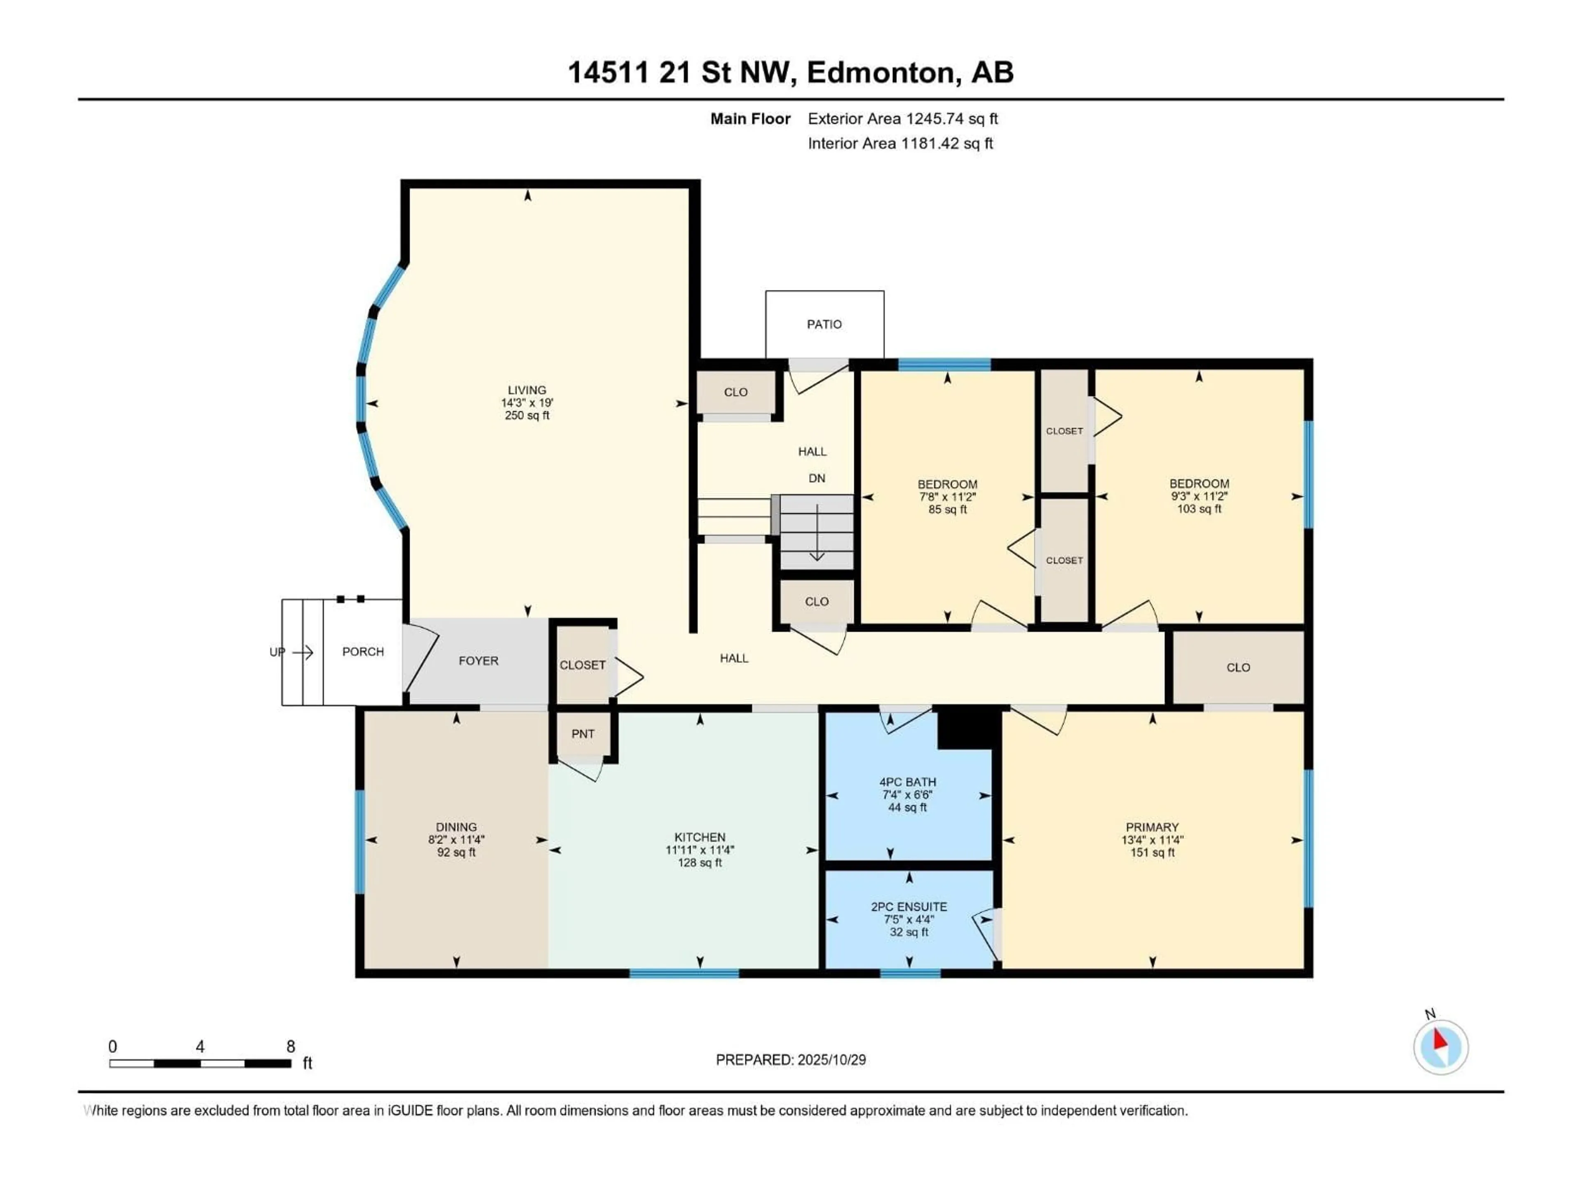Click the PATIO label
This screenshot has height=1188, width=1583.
click(824, 324)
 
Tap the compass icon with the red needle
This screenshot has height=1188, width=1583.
click(1441, 1048)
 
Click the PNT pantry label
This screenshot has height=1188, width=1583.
click(582, 733)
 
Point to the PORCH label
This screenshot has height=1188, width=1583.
click(363, 652)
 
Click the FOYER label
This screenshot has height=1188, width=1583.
click(478, 661)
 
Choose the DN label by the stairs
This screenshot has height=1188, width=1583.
click(817, 478)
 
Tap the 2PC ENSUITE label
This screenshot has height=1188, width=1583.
click(909, 907)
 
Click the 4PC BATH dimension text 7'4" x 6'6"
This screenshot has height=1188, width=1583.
click(907, 795)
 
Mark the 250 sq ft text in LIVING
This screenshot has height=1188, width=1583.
click(527, 415)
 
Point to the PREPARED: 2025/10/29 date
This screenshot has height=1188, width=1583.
click(791, 1060)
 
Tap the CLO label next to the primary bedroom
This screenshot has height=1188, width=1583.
click(1238, 667)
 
